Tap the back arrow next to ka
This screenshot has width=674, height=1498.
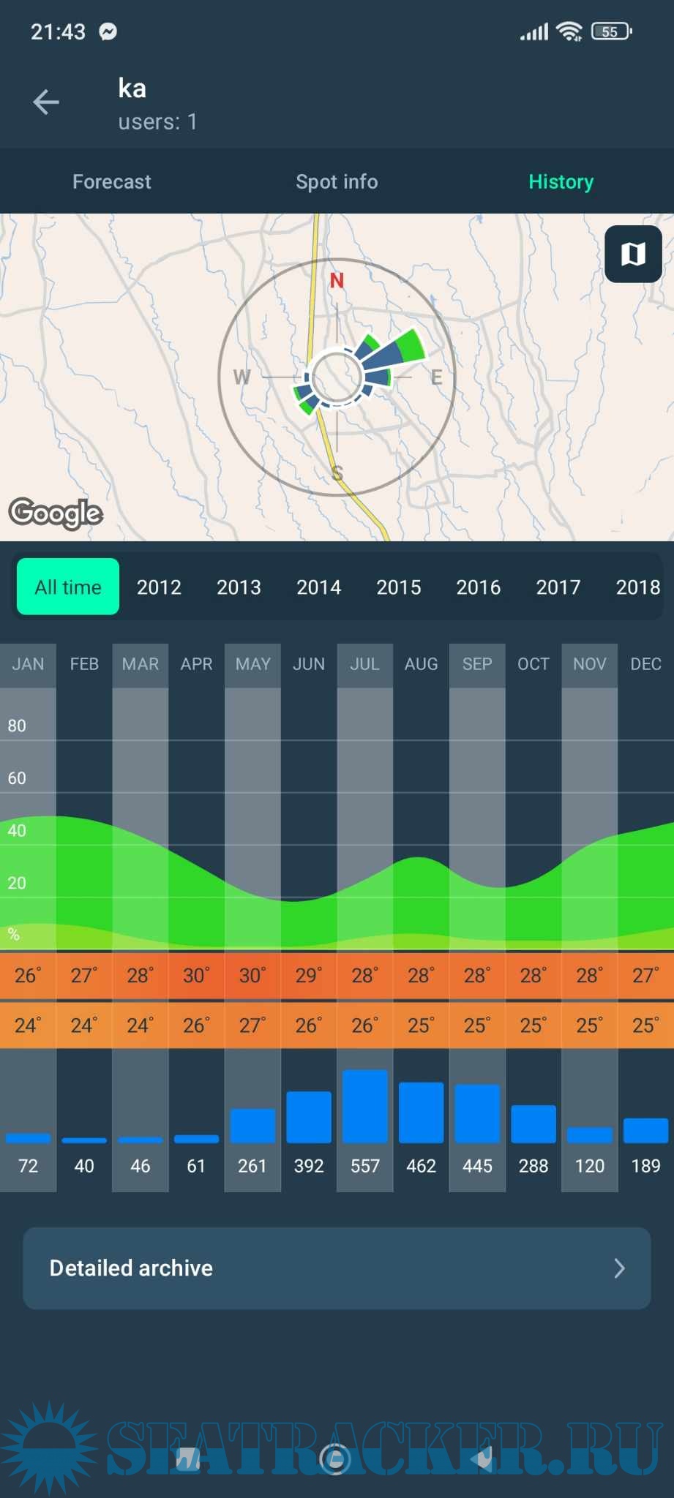45,102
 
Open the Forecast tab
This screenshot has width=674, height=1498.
112,181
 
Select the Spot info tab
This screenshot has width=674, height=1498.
337,181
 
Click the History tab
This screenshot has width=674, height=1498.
561,181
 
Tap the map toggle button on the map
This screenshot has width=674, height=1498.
633,254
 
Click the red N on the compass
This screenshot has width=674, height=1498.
337,280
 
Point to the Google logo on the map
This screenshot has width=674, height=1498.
56,513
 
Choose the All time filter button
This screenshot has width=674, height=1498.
68,587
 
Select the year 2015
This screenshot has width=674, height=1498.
399,587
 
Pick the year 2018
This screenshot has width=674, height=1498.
637,587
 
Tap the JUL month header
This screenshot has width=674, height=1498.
364,664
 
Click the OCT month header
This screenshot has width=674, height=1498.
533,664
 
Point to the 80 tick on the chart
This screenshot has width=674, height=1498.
17,726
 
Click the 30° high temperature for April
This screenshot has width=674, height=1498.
196,976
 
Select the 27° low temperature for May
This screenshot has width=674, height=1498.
252,1025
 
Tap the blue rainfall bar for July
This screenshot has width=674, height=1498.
364,1106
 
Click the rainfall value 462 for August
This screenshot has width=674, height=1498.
421,1166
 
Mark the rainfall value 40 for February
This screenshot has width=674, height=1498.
84,1166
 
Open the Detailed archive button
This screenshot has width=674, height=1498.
337,1268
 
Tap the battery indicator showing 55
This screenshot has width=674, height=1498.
611,31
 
